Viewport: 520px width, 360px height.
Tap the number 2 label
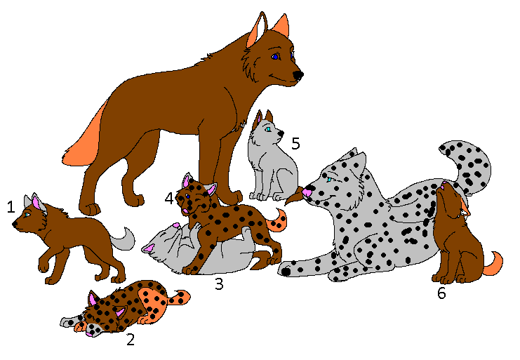[130, 340]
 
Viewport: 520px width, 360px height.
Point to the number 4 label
[169, 199]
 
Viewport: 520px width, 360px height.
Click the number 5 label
[295, 144]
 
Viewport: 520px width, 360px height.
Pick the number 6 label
[441, 293]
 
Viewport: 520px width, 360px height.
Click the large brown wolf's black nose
[298, 74]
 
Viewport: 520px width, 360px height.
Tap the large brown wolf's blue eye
[276, 56]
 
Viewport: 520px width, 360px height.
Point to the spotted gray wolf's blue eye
[328, 180]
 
